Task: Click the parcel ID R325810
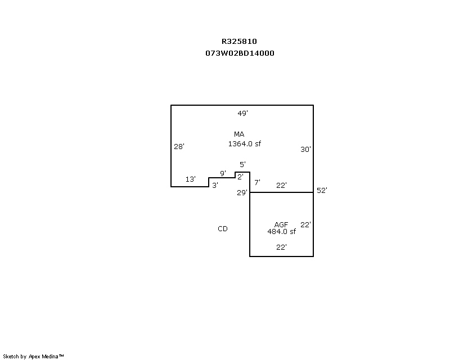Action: coord(239,41)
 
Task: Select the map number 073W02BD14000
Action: coord(240,53)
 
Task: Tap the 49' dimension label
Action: coord(242,113)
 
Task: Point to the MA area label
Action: coord(239,134)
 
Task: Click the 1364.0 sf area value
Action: coord(244,144)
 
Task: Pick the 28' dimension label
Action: coord(179,146)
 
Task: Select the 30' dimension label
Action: coord(305,150)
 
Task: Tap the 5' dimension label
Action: coord(242,165)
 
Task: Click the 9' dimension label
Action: coord(223,173)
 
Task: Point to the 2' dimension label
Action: coord(240,177)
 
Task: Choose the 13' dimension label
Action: coord(191,179)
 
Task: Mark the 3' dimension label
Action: coord(215,185)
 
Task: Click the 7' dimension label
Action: coord(257,183)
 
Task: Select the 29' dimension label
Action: coord(242,193)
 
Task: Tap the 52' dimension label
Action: coord(322,191)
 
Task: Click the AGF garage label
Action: coord(281,224)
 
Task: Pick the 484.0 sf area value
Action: coord(281,231)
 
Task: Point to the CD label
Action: coord(223,229)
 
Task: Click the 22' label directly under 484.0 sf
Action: coord(281,247)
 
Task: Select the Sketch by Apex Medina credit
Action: coord(34,356)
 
